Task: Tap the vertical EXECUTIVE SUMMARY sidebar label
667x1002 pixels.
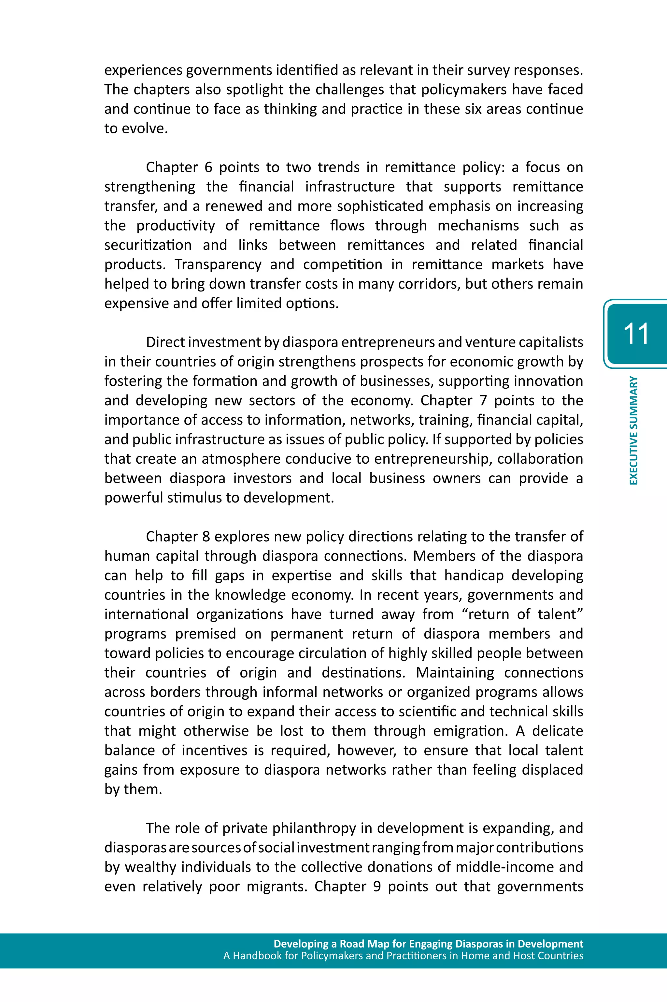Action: pos(634,430)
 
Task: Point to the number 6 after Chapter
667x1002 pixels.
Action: pos(208,167)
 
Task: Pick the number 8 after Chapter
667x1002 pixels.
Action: pos(206,537)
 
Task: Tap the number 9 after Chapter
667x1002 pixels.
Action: pos(376,887)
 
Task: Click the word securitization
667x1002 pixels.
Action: pos(148,245)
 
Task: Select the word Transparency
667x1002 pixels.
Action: pos(218,265)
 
